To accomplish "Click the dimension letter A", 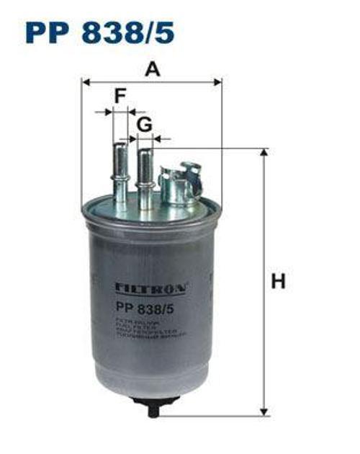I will (151, 69).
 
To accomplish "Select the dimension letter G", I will (145, 124).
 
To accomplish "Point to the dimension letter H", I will (278, 282).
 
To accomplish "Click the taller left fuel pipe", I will (120, 173).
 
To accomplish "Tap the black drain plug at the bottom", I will (153, 409).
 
